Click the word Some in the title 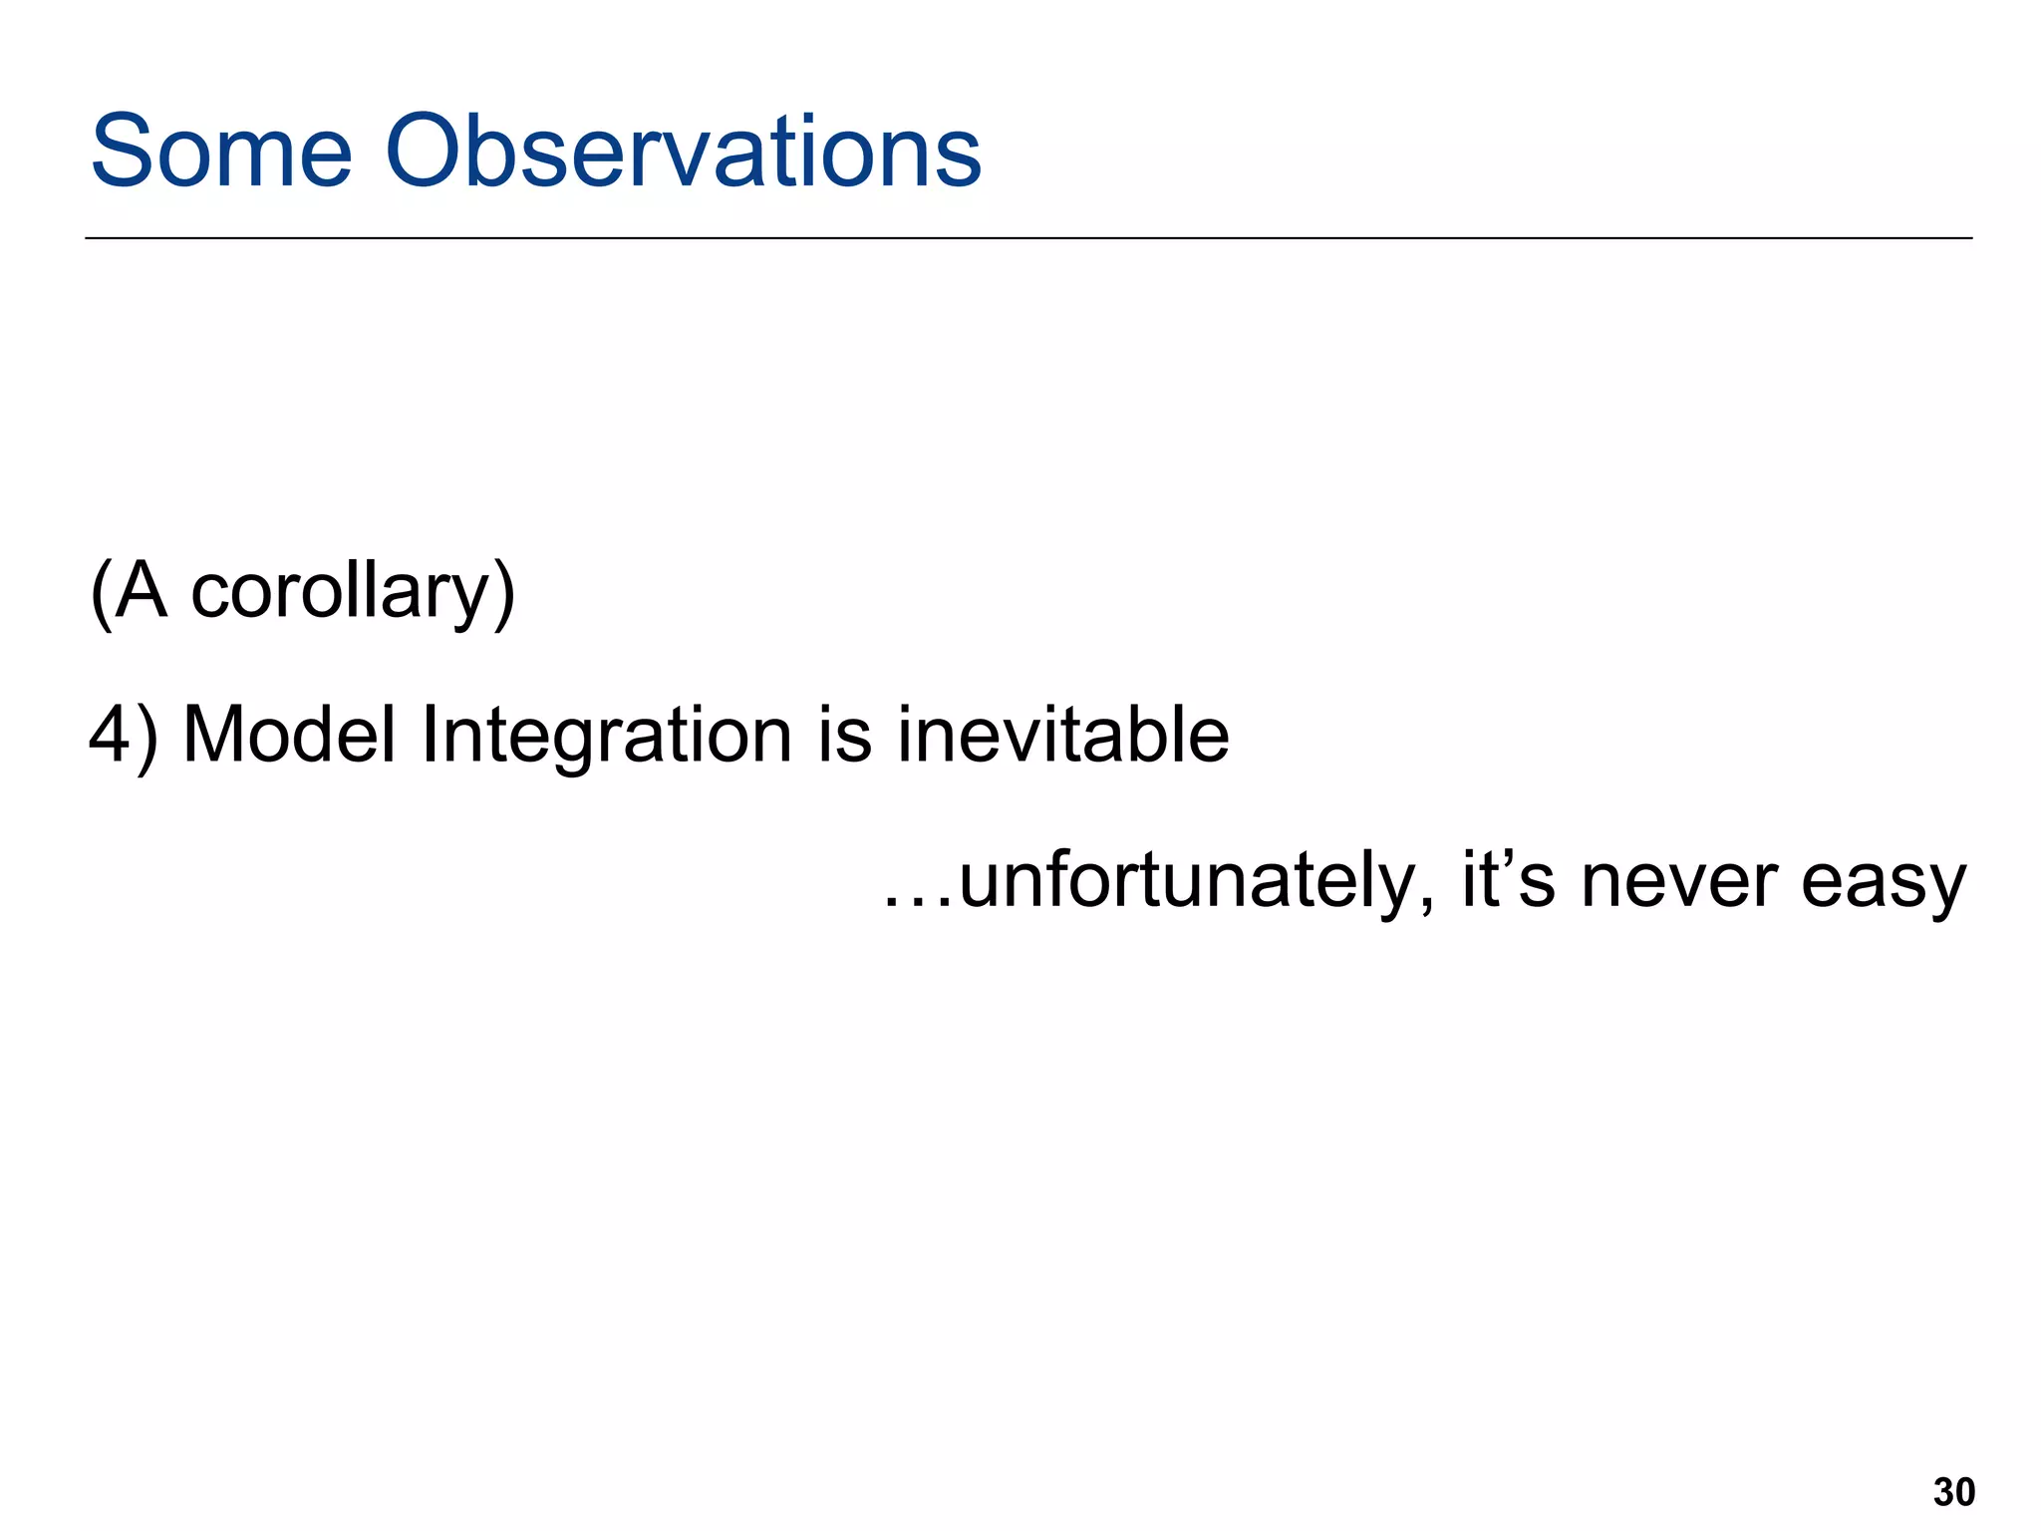coord(221,152)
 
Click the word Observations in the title coord(683,152)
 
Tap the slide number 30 coord(1953,1492)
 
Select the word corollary coord(338,592)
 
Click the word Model coord(289,736)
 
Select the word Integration coord(606,736)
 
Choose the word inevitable coord(1062,736)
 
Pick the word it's coord(1507,881)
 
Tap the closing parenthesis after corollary coord(504,594)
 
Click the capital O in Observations coord(430,152)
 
